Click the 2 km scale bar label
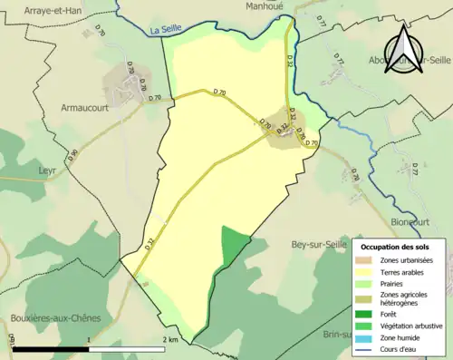coord(171,339)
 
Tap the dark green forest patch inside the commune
coord(233,243)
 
